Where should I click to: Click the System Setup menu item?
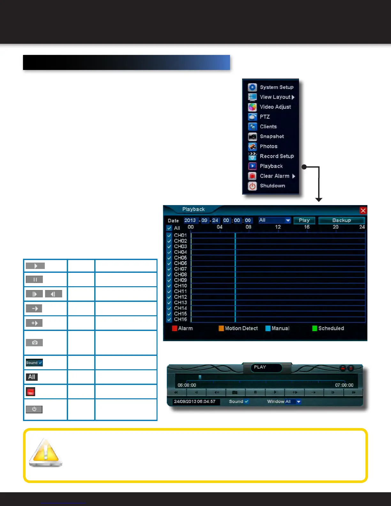pos(276,87)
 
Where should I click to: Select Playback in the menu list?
pos(271,166)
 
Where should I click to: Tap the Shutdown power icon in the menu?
pos(252,186)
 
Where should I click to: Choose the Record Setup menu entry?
pos(277,156)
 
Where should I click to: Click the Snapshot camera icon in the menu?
pos(252,137)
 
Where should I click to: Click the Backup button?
pos(341,220)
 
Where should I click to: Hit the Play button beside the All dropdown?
pos(304,220)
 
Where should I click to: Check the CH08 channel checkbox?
pos(169,275)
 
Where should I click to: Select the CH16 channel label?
pos(180,319)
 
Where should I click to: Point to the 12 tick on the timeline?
pos(278,227)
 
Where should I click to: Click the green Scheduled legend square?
pos(314,328)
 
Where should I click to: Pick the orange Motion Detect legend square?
pos(221,328)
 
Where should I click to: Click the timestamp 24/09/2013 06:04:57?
pos(195,402)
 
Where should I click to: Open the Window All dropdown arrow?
pos(299,402)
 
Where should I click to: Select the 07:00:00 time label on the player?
pos(344,385)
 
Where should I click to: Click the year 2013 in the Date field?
pos(190,220)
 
